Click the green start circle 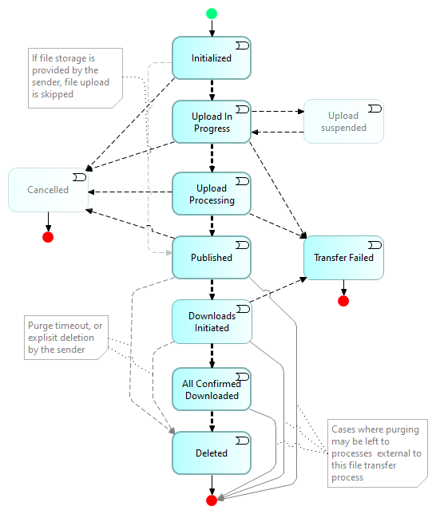212,14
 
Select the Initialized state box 212,57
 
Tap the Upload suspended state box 343,121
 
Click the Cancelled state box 48,190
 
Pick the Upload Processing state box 212,194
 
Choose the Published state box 212,257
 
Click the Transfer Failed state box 343,258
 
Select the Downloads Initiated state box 212,322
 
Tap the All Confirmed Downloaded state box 212,389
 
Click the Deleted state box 212,453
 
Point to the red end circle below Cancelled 48,237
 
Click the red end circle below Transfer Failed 343,301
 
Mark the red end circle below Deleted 212,500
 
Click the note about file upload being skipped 75,78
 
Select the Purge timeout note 66,338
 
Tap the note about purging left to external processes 378,453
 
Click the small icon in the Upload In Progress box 242,109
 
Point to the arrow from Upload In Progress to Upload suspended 278,111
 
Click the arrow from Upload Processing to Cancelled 130,192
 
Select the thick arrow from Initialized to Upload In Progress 212,90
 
